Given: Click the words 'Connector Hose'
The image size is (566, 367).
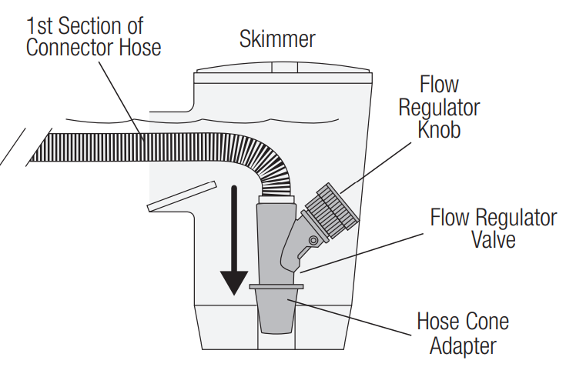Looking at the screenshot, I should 93,48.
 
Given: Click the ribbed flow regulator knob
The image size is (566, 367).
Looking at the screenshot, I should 333,209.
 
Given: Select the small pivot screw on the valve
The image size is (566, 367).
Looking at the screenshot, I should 313,242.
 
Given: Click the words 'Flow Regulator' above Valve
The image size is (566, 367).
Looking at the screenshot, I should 493,218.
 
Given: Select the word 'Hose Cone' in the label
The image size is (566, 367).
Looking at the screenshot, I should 462,320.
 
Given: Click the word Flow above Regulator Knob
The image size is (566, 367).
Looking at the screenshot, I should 439,85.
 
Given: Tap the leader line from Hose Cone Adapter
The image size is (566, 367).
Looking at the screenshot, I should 354,316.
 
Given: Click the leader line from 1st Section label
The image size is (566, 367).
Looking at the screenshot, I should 124,101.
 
